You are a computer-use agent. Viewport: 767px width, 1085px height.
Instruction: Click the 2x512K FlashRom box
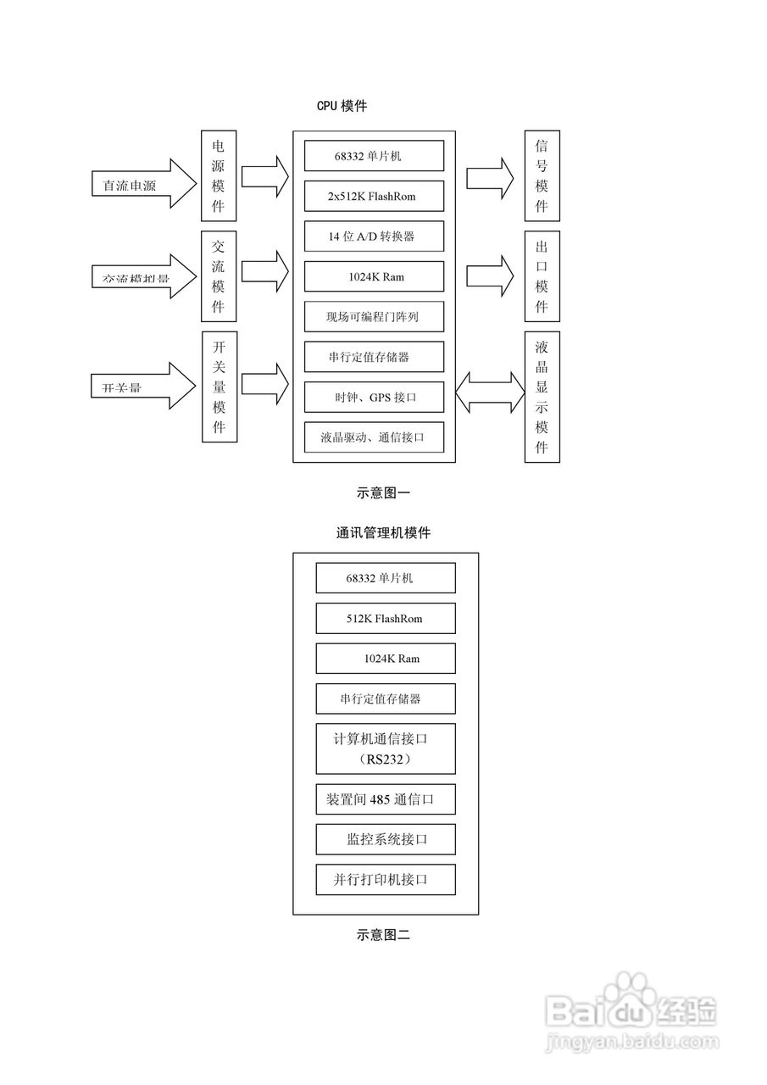click(374, 196)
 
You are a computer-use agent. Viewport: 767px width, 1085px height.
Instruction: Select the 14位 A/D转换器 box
click(374, 236)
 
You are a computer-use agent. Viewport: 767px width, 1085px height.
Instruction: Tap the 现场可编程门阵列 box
click(374, 317)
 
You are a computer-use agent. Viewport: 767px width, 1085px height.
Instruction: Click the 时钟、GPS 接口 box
click(374, 397)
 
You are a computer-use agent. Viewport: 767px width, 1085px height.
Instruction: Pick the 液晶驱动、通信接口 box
click(374, 437)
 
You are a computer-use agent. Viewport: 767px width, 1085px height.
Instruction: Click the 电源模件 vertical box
click(219, 175)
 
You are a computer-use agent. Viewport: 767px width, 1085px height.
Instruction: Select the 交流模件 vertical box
click(219, 276)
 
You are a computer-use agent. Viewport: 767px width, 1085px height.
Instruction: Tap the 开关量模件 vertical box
click(219, 387)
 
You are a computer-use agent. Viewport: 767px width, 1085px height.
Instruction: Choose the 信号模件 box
click(542, 175)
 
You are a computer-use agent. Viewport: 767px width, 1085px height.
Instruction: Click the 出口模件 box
click(542, 276)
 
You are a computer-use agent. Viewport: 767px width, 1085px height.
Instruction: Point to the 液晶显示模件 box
click(542, 397)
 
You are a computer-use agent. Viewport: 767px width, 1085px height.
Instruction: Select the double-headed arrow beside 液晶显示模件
click(490, 390)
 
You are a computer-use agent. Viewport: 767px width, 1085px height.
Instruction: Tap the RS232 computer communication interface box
click(386, 748)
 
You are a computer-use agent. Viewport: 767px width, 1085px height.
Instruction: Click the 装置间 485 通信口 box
click(386, 799)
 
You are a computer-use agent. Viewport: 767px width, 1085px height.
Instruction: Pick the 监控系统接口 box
click(386, 839)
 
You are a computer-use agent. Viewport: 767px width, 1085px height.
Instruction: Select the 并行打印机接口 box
click(386, 880)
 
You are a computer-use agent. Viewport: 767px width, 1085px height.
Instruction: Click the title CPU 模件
click(342, 106)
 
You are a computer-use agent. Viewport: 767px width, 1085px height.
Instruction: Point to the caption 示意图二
click(383, 936)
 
